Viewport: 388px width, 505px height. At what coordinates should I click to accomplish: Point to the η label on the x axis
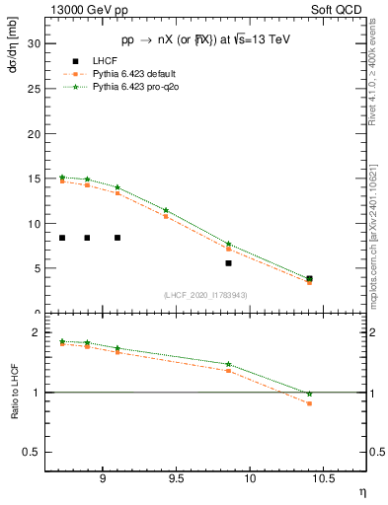pyautogui.click(x=361, y=490)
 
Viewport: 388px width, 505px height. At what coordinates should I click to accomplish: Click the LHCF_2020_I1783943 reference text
pyautogui.click(x=205, y=295)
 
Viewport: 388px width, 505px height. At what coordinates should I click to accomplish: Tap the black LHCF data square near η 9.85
pyautogui.click(x=228, y=263)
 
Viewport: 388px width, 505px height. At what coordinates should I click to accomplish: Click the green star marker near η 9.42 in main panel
pyautogui.click(x=166, y=210)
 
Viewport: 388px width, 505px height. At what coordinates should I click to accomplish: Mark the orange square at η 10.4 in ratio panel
pyautogui.click(x=309, y=403)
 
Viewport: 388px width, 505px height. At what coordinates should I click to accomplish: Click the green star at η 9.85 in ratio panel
pyautogui.click(x=228, y=364)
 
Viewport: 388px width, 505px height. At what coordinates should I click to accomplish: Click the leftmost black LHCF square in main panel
pyautogui.click(x=62, y=238)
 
